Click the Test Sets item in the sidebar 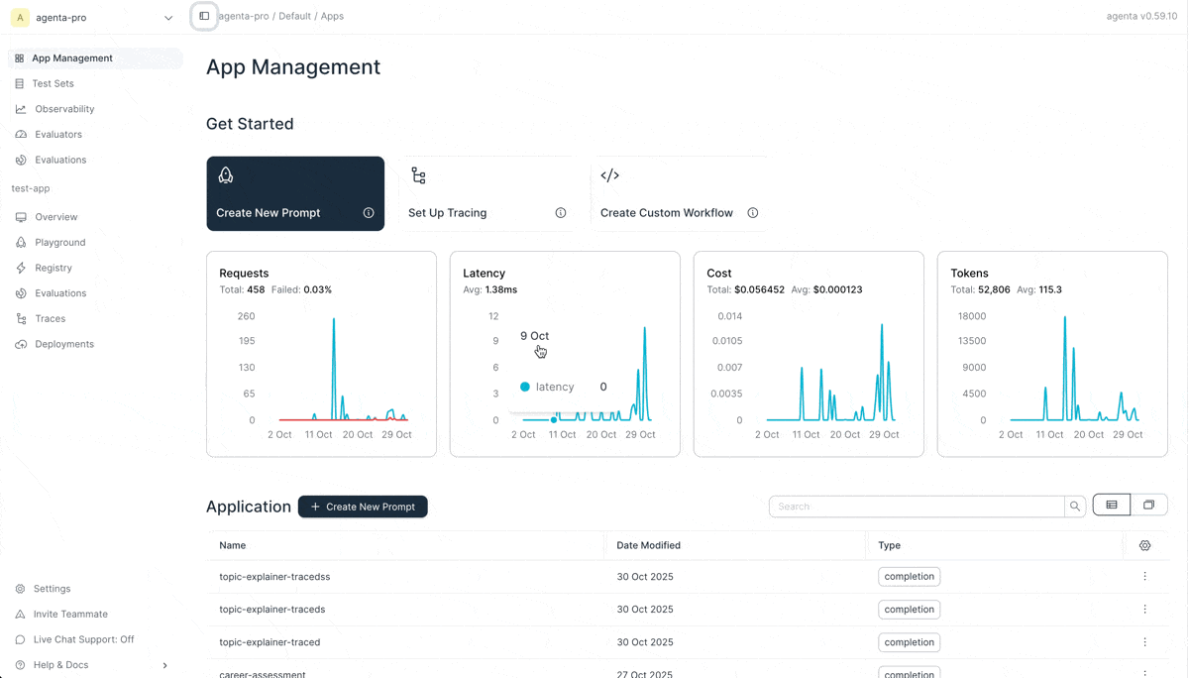[53, 83]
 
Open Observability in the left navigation [64, 109]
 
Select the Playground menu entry [59, 242]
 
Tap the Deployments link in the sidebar [64, 344]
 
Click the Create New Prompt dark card [295, 193]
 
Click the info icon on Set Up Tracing [561, 213]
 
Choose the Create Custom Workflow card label [666, 213]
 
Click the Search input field [917, 507]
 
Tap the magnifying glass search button [1075, 507]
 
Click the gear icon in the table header [1144, 545]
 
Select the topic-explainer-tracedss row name [274, 576]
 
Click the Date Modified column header [648, 545]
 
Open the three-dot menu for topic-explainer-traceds [1144, 610]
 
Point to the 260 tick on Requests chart [246, 316]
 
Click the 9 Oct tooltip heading [534, 336]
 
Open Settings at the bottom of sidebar [52, 589]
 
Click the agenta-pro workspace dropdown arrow [168, 18]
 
